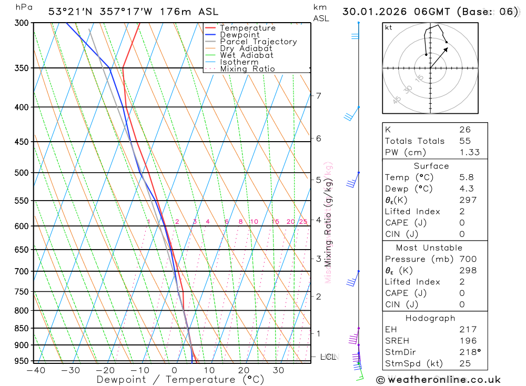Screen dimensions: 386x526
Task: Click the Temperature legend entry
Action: [247, 28]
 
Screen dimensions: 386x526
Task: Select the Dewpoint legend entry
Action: [239, 35]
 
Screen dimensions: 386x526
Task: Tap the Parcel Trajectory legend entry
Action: [258, 42]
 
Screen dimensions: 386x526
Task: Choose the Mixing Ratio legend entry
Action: [247, 69]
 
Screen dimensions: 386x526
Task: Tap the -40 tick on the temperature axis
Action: [36, 370]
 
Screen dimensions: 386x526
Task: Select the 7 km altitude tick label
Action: [318, 95]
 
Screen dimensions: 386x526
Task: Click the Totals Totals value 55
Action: [465, 141]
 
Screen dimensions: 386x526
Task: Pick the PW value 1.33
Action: [469, 153]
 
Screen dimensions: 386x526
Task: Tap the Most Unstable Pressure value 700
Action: [468, 259]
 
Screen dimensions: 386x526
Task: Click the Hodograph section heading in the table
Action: [431, 318]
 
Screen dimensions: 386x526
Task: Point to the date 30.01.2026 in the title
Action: [378, 12]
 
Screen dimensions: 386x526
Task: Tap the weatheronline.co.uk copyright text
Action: [438, 379]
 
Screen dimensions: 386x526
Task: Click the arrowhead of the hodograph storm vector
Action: [447, 48]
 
